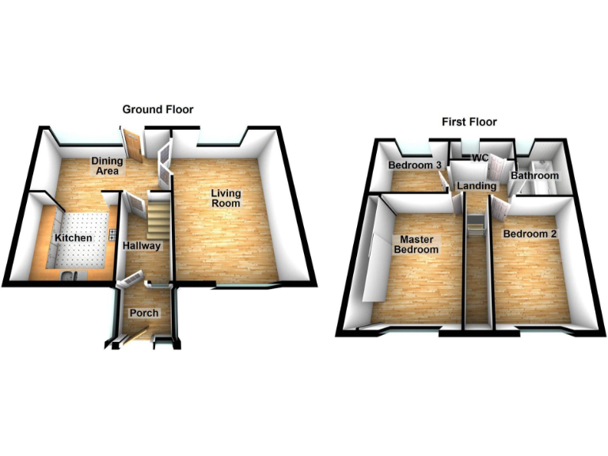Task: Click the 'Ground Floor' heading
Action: coord(157,109)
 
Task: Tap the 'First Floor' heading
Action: coord(469,122)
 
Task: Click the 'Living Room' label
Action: coord(226,199)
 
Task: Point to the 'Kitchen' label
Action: coord(73,237)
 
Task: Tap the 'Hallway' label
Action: coord(142,245)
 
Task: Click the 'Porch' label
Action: coord(144,313)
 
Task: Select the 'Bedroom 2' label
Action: coord(526,234)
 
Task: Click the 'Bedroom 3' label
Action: coord(414,165)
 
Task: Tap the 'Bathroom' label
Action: coord(534,175)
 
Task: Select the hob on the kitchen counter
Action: coord(113,235)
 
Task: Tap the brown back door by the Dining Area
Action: coord(131,146)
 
